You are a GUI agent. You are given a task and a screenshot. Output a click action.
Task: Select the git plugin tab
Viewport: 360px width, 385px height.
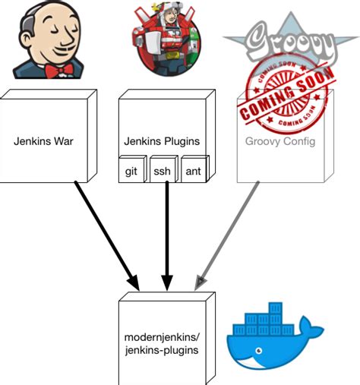coord(131,172)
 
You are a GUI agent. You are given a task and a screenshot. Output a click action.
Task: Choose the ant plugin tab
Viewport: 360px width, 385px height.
coord(193,172)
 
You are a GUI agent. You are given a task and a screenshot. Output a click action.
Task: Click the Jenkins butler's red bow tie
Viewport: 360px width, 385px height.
coord(61,71)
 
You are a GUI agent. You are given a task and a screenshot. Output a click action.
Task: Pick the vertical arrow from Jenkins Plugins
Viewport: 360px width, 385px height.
coord(166,235)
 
